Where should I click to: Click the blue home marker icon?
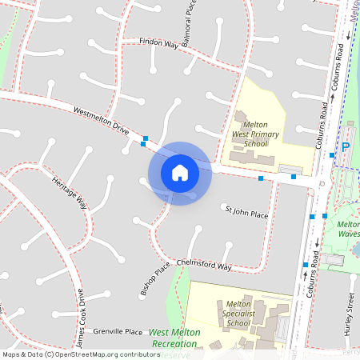180,172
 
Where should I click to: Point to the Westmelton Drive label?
101,121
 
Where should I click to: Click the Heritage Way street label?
70,192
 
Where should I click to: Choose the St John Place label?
246,212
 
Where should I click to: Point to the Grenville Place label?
118,331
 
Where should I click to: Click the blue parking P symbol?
346,147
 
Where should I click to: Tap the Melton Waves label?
349,230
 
